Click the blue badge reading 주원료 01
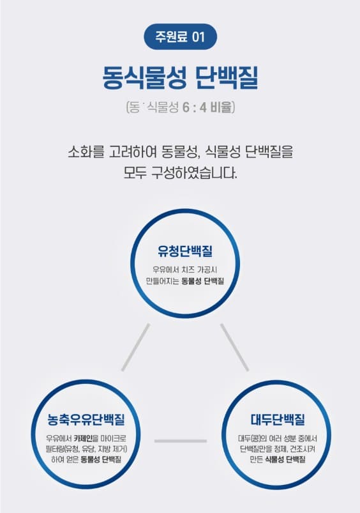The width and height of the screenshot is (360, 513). pos(180,36)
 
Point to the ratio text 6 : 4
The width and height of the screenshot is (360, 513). pos(195,107)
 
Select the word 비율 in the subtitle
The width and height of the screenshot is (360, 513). pos(221,107)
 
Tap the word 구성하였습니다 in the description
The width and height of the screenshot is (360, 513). pos(193,172)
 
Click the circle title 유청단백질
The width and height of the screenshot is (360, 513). pos(185,251)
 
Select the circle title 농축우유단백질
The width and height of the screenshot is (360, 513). pos(86,420)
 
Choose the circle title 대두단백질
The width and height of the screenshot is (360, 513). pos(278,420)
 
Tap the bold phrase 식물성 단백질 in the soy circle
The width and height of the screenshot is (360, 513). pos(285,459)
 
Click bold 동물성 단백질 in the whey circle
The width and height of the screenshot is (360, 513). pos(203,281)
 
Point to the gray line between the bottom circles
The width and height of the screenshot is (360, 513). pos(181,441)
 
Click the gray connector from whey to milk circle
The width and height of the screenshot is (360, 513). pos(136,348)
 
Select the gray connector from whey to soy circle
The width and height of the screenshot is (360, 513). pos(234,348)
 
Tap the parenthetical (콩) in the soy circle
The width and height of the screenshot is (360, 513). pos(256,438)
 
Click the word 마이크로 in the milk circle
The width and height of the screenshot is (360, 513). pos(114,438)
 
